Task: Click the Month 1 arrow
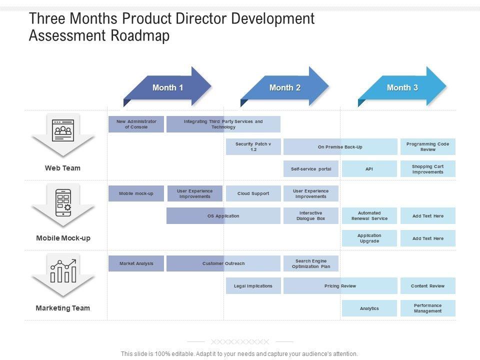coord(167,87)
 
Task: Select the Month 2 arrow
coord(284,87)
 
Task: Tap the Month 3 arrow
coord(402,87)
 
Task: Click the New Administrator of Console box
coord(136,124)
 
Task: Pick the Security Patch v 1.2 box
coord(253,147)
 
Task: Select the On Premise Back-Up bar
coord(340,147)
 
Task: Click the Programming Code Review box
coord(427,147)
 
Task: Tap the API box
coord(369,169)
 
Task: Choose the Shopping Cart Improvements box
coord(427,169)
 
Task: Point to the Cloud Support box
coord(253,193)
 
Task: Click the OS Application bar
coord(223,216)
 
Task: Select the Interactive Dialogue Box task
coord(310,216)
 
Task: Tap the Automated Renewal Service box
coord(369,216)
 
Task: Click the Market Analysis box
coord(136,263)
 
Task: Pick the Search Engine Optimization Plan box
coord(310,263)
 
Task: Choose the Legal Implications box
coord(253,286)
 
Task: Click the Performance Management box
coord(427,308)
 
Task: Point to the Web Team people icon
coord(63,129)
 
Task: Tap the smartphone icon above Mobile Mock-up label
coord(63,202)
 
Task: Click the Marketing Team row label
coord(63,308)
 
